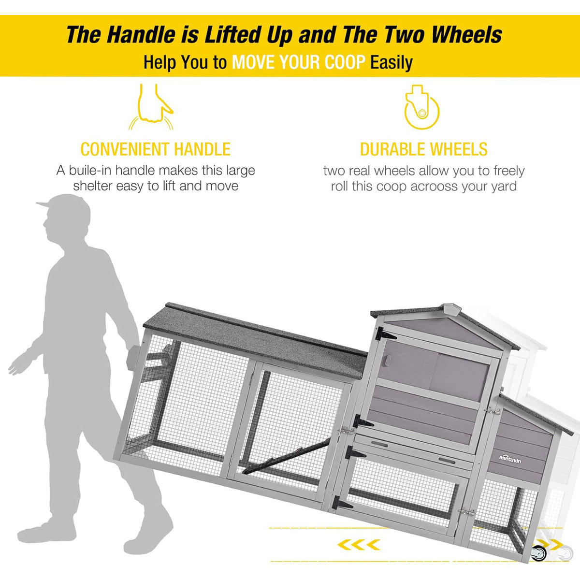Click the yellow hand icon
click(x=151, y=107)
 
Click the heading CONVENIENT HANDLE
click(x=156, y=149)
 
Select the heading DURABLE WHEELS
click(x=424, y=149)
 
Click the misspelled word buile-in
click(x=90, y=170)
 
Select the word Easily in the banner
click(x=391, y=63)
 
